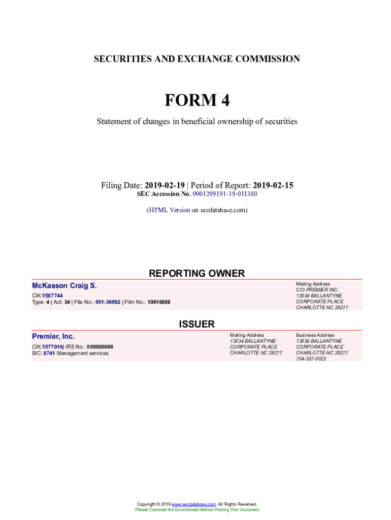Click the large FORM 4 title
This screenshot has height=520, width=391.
(x=197, y=101)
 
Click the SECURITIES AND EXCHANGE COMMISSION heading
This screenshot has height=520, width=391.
(x=197, y=59)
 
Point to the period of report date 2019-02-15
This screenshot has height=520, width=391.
(x=273, y=185)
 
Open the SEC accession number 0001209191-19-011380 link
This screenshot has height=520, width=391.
(x=224, y=194)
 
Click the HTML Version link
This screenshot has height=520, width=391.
(x=169, y=210)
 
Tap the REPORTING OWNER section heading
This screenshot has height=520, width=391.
(x=197, y=273)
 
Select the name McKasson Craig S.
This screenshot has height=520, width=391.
(x=64, y=286)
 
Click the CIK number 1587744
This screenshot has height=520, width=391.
(x=52, y=296)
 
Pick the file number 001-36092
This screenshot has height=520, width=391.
(x=108, y=302)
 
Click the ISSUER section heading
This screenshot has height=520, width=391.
(x=197, y=324)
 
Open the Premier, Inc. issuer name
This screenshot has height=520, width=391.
(x=53, y=336)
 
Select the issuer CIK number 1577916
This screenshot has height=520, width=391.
(x=52, y=347)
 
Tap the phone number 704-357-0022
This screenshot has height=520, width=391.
(x=311, y=359)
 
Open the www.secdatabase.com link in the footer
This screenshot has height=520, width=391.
(x=193, y=504)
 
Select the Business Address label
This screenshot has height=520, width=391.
(x=315, y=335)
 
